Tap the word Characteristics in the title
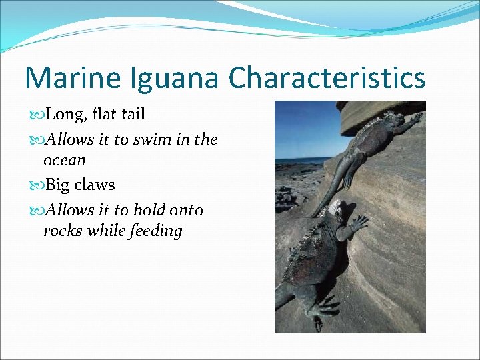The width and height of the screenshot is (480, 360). [327, 77]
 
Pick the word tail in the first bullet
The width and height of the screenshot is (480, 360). [133, 114]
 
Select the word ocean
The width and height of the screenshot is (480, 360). [65, 160]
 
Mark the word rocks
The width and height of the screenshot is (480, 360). [62, 231]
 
